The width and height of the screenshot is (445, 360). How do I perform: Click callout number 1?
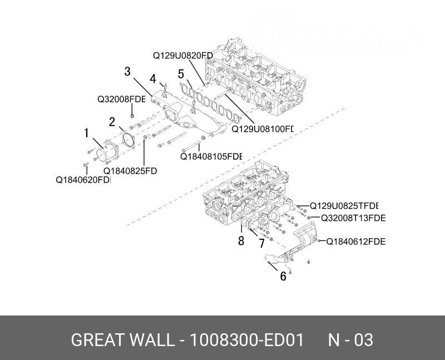[x=86, y=133]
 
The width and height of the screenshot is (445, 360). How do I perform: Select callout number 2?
[x=112, y=121]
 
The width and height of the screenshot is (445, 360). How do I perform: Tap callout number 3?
[x=127, y=72]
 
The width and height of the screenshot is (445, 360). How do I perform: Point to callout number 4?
[x=153, y=78]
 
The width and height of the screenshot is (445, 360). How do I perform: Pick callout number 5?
[x=181, y=73]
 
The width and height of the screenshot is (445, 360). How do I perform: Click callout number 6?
[x=283, y=275]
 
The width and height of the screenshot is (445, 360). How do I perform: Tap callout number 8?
[x=241, y=241]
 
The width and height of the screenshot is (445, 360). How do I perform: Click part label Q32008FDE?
[x=121, y=100]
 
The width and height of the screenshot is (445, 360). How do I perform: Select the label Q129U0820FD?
[x=183, y=55]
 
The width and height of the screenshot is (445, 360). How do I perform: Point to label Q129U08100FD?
[x=262, y=129]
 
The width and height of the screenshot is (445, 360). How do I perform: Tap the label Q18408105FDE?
[x=211, y=156]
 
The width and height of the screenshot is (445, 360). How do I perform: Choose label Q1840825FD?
[x=130, y=171]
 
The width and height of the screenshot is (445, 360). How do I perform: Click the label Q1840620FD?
[x=83, y=180]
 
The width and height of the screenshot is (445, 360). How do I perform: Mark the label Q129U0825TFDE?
[x=344, y=205]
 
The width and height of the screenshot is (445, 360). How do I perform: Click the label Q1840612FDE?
[x=355, y=241]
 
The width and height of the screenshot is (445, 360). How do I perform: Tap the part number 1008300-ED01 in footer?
[x=246, y=340]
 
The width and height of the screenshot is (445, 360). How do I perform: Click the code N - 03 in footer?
[x=350, y=340]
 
